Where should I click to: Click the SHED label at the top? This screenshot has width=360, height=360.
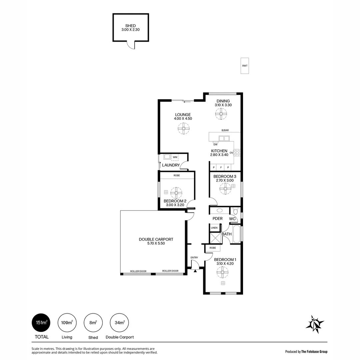point(130,26)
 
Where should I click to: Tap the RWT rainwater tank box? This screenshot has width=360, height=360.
point(245,66)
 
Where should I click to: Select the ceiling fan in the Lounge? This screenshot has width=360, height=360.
point(183,128)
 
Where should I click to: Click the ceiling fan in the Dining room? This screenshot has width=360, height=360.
point(221,114)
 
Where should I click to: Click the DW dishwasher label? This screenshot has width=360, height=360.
point(215,145)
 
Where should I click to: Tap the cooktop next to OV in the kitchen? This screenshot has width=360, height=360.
point(237,153)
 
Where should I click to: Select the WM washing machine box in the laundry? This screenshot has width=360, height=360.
point(175,157)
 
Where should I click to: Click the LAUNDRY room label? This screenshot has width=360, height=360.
point(171,165)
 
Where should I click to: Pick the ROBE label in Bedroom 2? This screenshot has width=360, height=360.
point(177,175)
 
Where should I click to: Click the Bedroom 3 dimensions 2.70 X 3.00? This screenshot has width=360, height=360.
point(225,180)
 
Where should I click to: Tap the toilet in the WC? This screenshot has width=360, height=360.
point(235,211)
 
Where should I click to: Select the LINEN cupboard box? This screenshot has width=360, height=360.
point(214,228)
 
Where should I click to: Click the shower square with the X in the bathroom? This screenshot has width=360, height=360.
point(215,238)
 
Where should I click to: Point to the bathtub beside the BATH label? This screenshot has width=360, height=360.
point(237,234)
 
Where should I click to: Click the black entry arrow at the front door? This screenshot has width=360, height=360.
point(195,271)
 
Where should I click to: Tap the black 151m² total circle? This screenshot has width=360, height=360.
point(41,323)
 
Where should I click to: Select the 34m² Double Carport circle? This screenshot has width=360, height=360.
point(119,323)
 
